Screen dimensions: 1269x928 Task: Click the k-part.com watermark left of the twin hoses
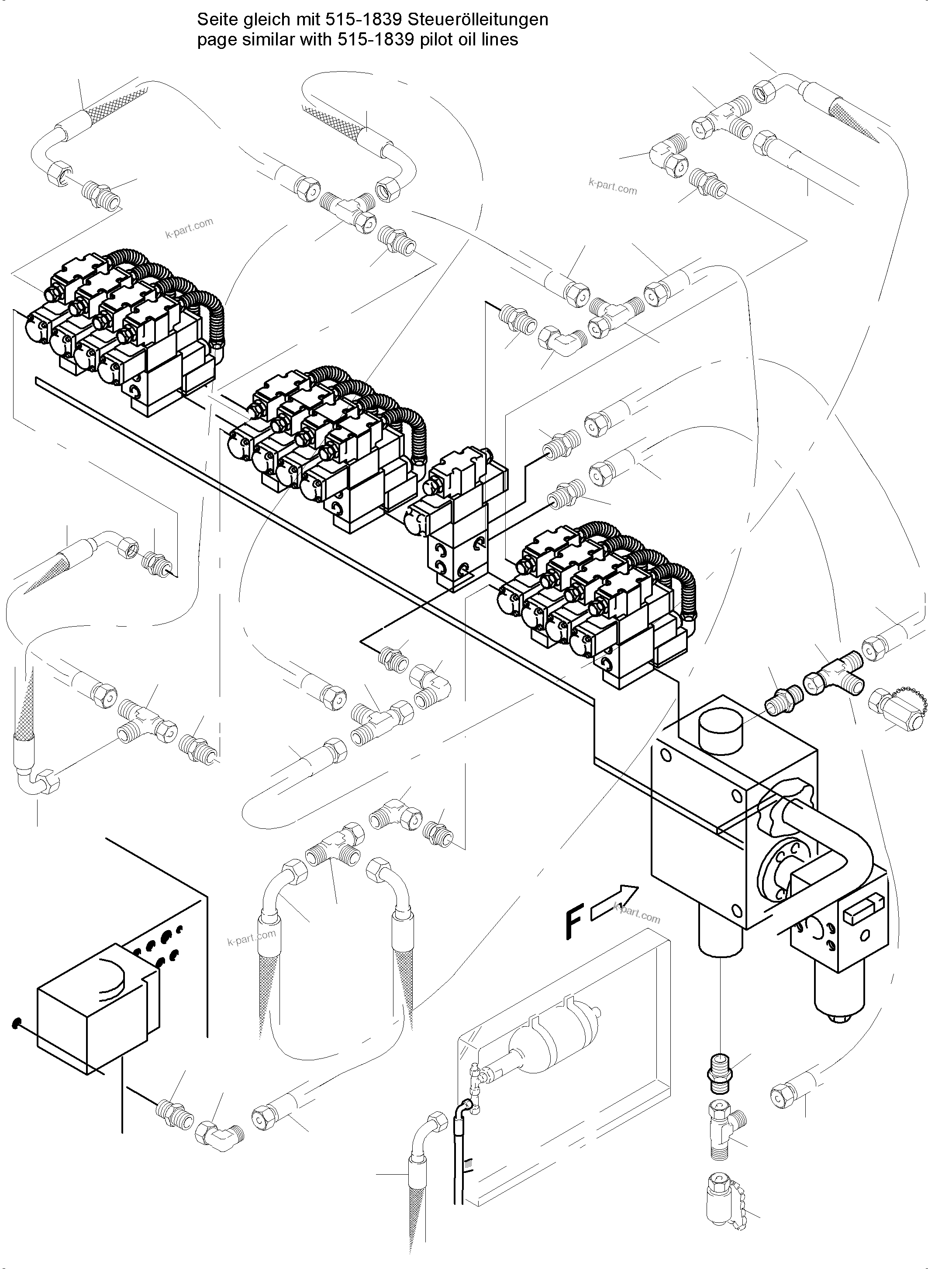click(252, 938)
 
